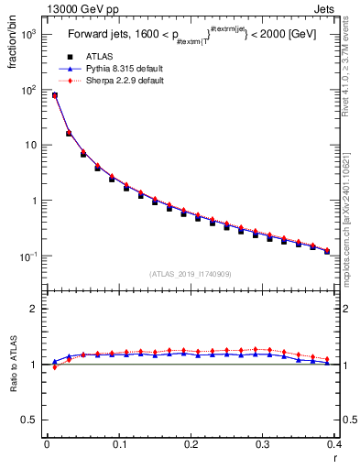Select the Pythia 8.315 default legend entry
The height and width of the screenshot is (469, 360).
109,68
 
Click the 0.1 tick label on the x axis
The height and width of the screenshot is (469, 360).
119,445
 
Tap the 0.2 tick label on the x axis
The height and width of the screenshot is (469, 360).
191,445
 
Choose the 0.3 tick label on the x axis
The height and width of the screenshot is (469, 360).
264,445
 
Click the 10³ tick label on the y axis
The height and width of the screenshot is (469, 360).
27,34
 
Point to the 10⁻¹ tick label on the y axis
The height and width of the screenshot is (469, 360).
27,256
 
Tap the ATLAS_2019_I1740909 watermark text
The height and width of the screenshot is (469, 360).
191,274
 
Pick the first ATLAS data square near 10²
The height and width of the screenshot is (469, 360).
54,95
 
